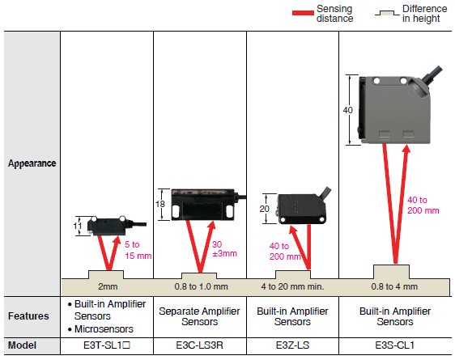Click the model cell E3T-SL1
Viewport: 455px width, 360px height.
[107, 345]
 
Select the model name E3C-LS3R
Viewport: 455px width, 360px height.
[200, 345]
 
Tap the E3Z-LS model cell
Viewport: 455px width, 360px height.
[292, 345]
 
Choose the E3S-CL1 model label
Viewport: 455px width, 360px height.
[394, 345]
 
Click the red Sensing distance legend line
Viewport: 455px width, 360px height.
[303, 13]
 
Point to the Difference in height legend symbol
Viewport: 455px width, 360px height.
[387, 13]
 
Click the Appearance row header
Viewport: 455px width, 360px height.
[32, 163]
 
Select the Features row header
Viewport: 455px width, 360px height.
[28, 316]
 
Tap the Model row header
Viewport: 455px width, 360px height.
[22, 345]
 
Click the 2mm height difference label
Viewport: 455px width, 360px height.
[108, 286]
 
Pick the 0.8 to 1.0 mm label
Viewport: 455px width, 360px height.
[201, 286]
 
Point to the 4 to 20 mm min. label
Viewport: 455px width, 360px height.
[292, 286]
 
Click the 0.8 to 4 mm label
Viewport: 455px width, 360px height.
[394, 286]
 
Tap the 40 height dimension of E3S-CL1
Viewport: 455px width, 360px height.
[347, 110]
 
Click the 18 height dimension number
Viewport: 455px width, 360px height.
[159, 204]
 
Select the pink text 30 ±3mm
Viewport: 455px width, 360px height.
[224, 249]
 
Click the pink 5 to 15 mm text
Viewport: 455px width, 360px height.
[138, 250]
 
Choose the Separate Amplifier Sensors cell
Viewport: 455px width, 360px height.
[199, 316]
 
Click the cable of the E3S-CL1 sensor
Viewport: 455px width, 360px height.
[432, 74]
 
